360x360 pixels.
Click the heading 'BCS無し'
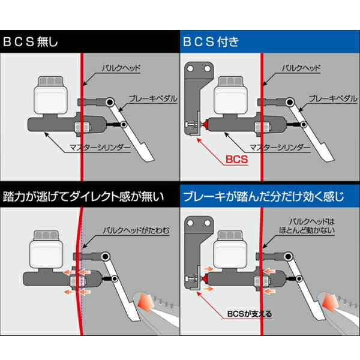[x=31, y=43]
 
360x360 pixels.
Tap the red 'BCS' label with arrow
[x=236, y=160]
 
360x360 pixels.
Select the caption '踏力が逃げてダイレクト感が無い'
[x=83, y=196]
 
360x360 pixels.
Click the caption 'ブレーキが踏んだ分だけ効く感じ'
[x=265, y=196]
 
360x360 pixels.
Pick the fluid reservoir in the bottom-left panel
[x=45, y=243]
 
